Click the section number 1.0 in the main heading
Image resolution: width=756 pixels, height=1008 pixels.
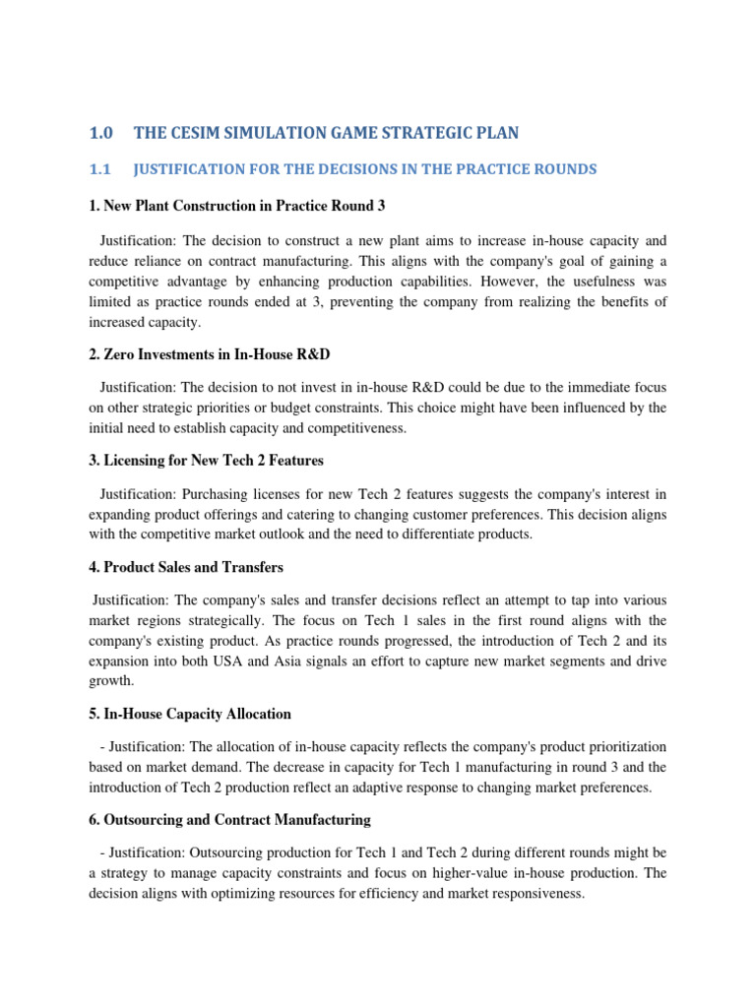click(102, 133)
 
